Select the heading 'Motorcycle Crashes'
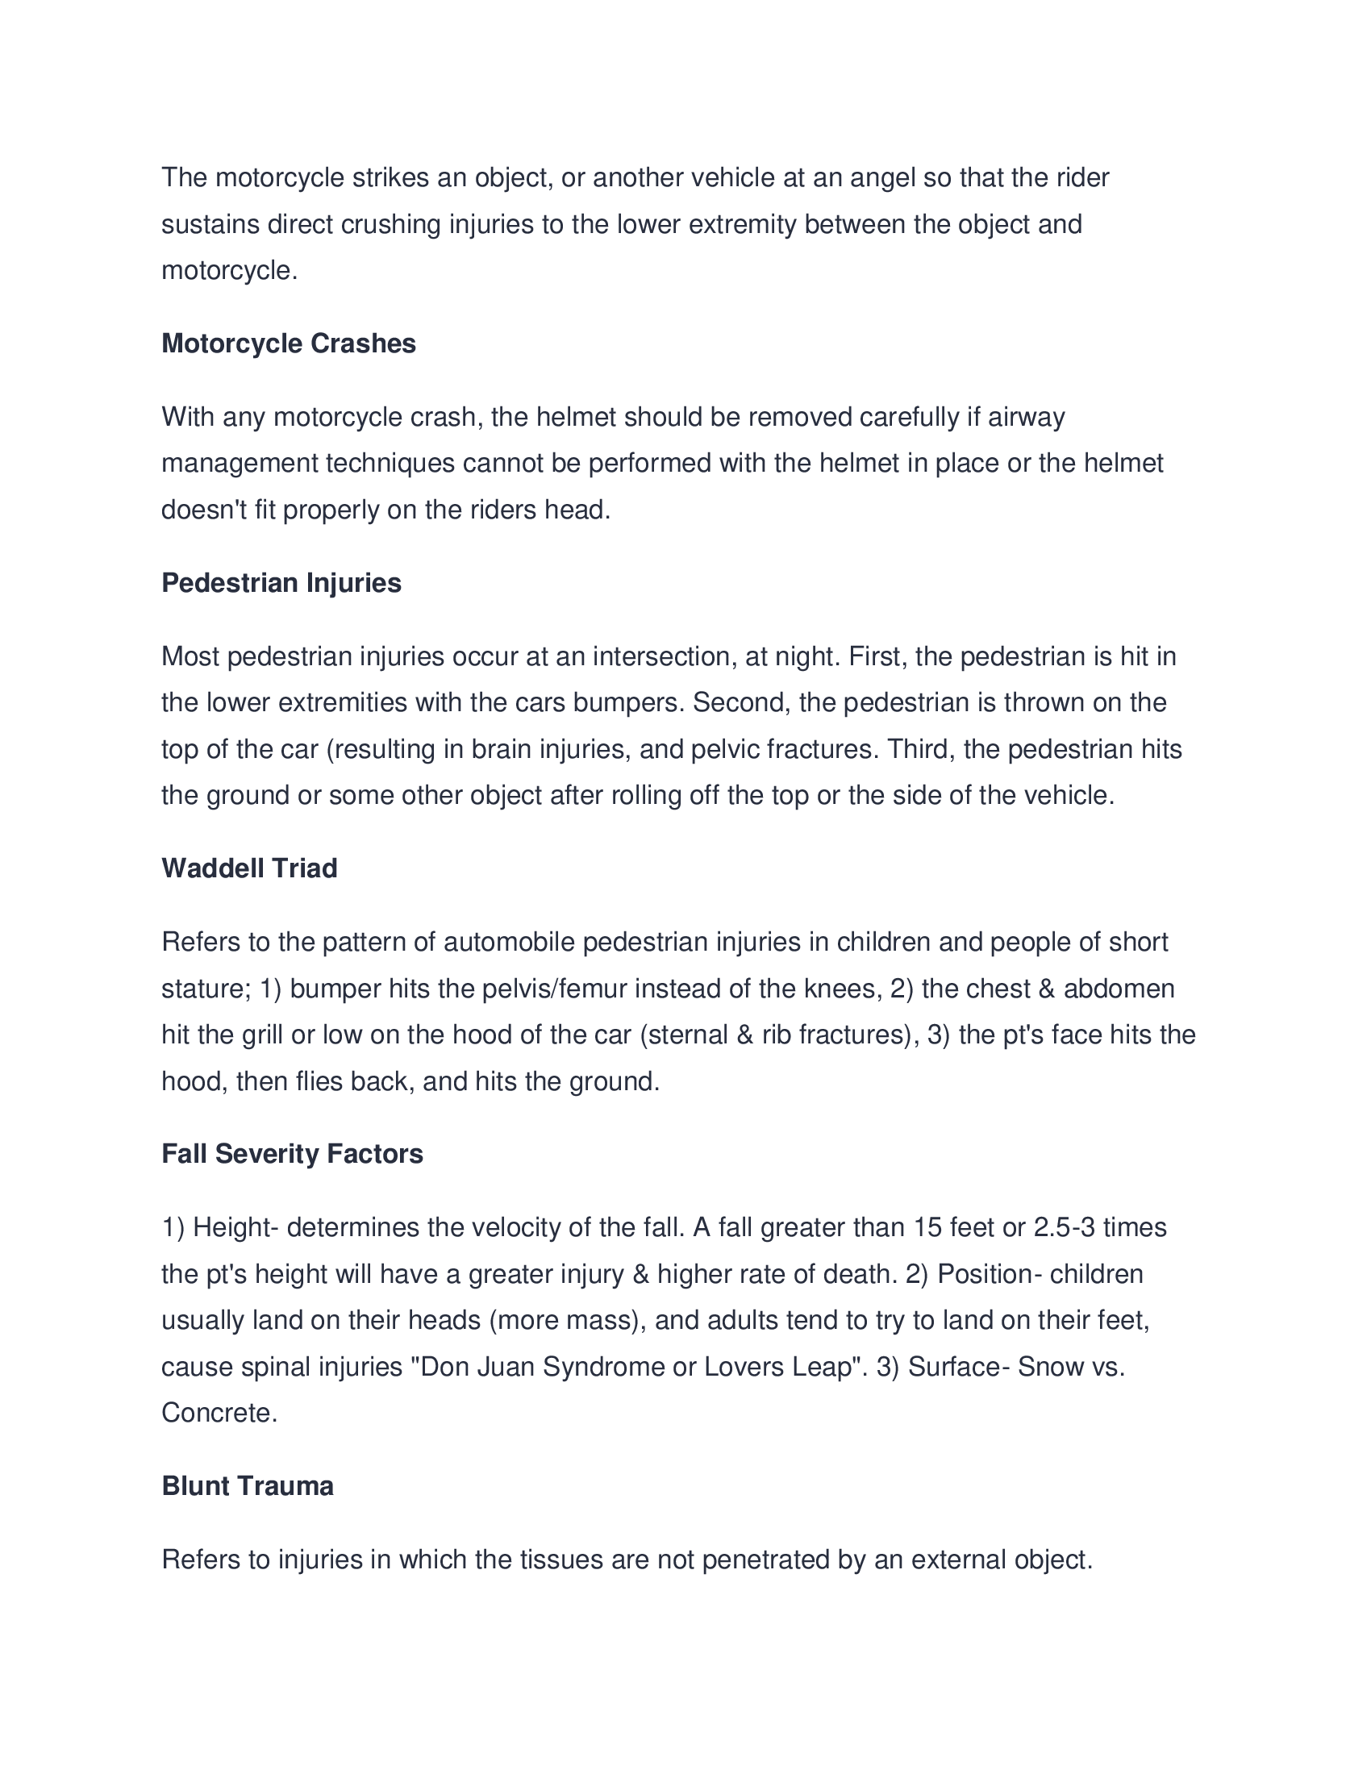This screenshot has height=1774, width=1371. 289,344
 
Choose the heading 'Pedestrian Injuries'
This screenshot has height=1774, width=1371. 281,582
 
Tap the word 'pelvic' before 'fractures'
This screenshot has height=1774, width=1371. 724,749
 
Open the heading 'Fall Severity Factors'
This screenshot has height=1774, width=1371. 293,1153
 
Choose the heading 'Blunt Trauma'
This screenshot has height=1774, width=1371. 248,1485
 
